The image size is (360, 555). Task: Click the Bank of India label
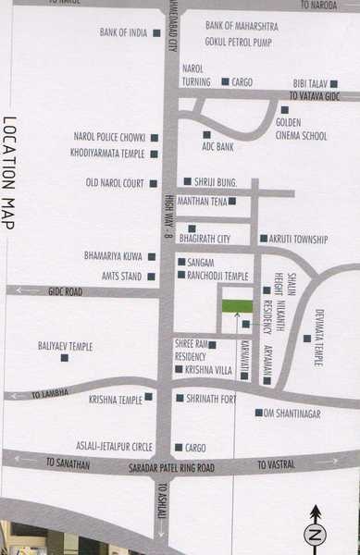[x=123, y=32]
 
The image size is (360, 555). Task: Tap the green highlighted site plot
[x=237, y=306]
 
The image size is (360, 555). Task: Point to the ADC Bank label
[x=218, y=146]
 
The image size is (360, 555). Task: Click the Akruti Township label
[x=299, y=239]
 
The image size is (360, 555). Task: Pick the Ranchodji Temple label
[x=218, y=275]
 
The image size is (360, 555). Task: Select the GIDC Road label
[x=66, y=291]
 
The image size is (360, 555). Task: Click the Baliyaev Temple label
[x=65, y=346]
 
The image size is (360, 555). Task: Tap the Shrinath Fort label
[x=212, y=399]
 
